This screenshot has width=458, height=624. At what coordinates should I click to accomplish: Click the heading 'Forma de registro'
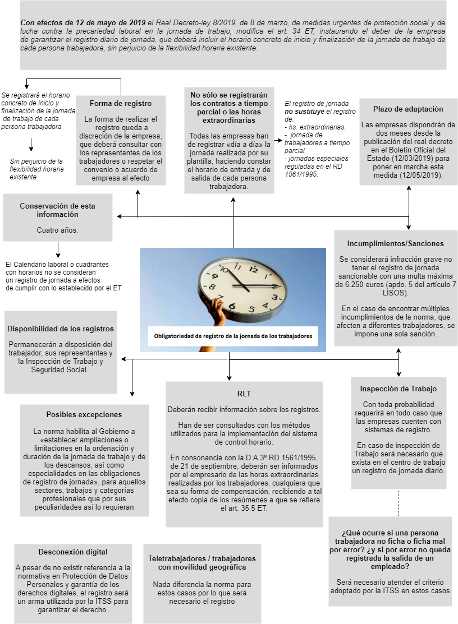121,104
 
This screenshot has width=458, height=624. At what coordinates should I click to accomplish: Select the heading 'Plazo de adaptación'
408,109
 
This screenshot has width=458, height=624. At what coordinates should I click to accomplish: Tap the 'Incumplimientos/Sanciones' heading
395,244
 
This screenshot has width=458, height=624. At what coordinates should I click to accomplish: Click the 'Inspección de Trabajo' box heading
398,389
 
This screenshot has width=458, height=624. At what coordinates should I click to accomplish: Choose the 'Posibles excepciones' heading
84,415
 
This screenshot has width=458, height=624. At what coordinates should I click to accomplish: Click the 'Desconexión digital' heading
73,552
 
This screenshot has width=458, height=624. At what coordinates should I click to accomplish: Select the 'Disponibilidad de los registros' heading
61,329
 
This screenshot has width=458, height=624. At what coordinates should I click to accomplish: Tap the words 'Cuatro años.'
57,230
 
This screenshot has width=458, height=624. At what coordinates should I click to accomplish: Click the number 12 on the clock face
253,270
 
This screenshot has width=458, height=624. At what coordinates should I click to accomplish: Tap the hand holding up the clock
216,311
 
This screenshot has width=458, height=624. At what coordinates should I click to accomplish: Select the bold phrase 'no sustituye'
307,112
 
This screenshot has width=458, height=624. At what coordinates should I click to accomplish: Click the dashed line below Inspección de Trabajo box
399,503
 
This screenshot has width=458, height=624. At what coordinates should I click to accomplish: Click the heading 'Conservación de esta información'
57,210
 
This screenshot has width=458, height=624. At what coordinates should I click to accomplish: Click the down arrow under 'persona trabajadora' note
31,145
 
